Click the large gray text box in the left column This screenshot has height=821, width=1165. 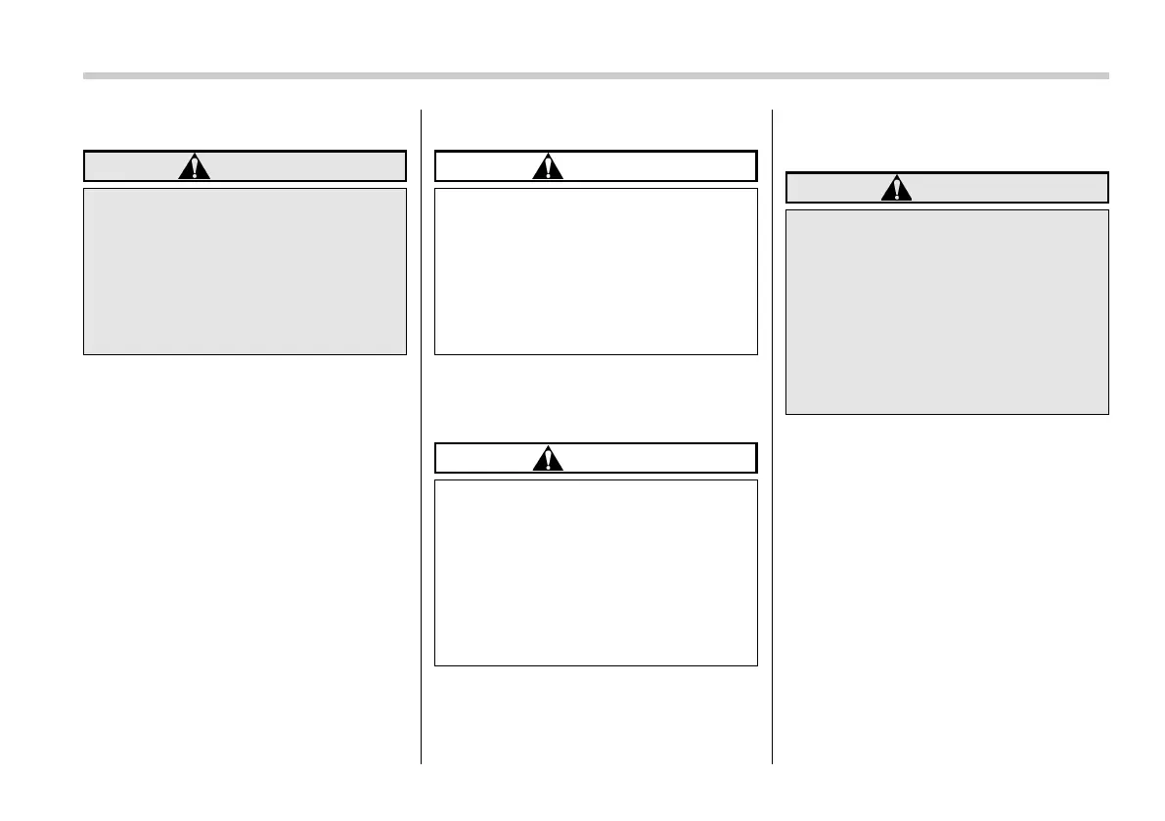(245, 271)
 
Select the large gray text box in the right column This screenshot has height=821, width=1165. (947, 311)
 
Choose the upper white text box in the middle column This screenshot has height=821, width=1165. (596, 271)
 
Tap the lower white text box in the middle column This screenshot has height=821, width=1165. (596, 572)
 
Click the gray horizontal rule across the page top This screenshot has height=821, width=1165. (596, 75)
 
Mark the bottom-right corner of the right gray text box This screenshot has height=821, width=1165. (1107, 414)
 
